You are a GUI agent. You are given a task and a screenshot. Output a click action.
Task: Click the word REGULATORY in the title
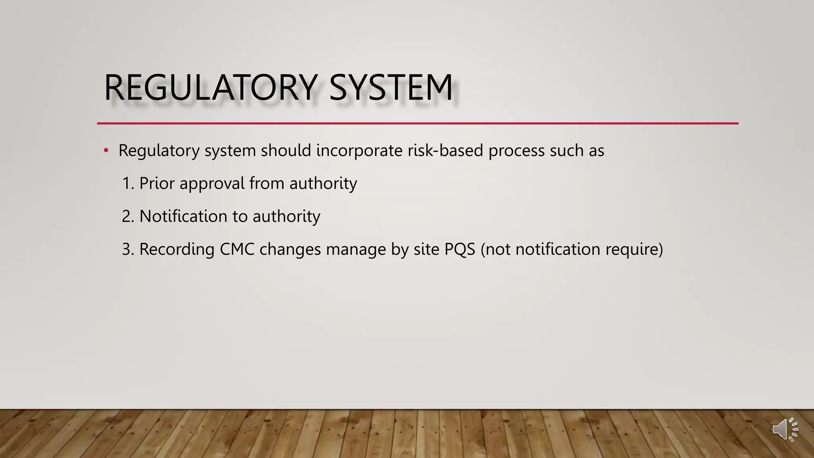point(211,87)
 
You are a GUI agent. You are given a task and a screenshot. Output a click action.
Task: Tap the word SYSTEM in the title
point(391,87)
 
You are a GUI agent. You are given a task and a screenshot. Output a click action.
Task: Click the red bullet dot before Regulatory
point(106,151)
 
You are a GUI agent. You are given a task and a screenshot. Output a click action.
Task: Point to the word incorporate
point(359,151)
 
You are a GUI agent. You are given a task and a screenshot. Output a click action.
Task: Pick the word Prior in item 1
point(157,183)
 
